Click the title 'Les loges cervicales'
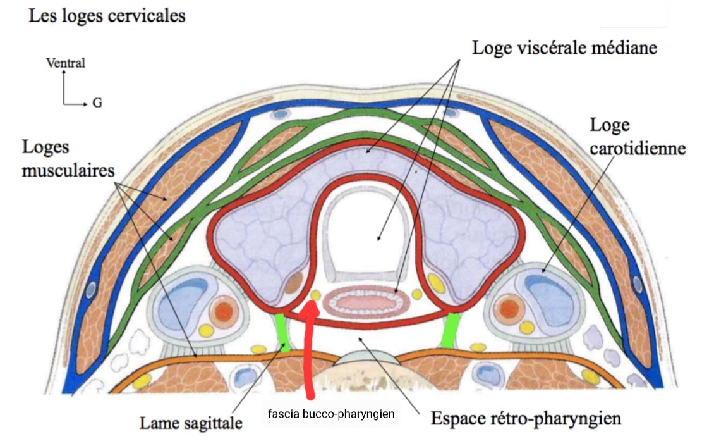pos(107,15)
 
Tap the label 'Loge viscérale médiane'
pos(565,47)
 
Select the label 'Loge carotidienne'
pos(637,137)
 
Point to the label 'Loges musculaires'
pos(68,159)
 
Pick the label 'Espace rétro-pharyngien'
pos(526,419)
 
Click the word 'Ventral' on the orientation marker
pos(65,63)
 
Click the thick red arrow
pos(309,354)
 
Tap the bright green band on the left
pos(282,332)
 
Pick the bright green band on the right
pos(451,329)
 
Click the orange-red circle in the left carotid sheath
pos(224,310)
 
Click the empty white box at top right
pos(633,15)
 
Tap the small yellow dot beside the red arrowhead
pos(316,295)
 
